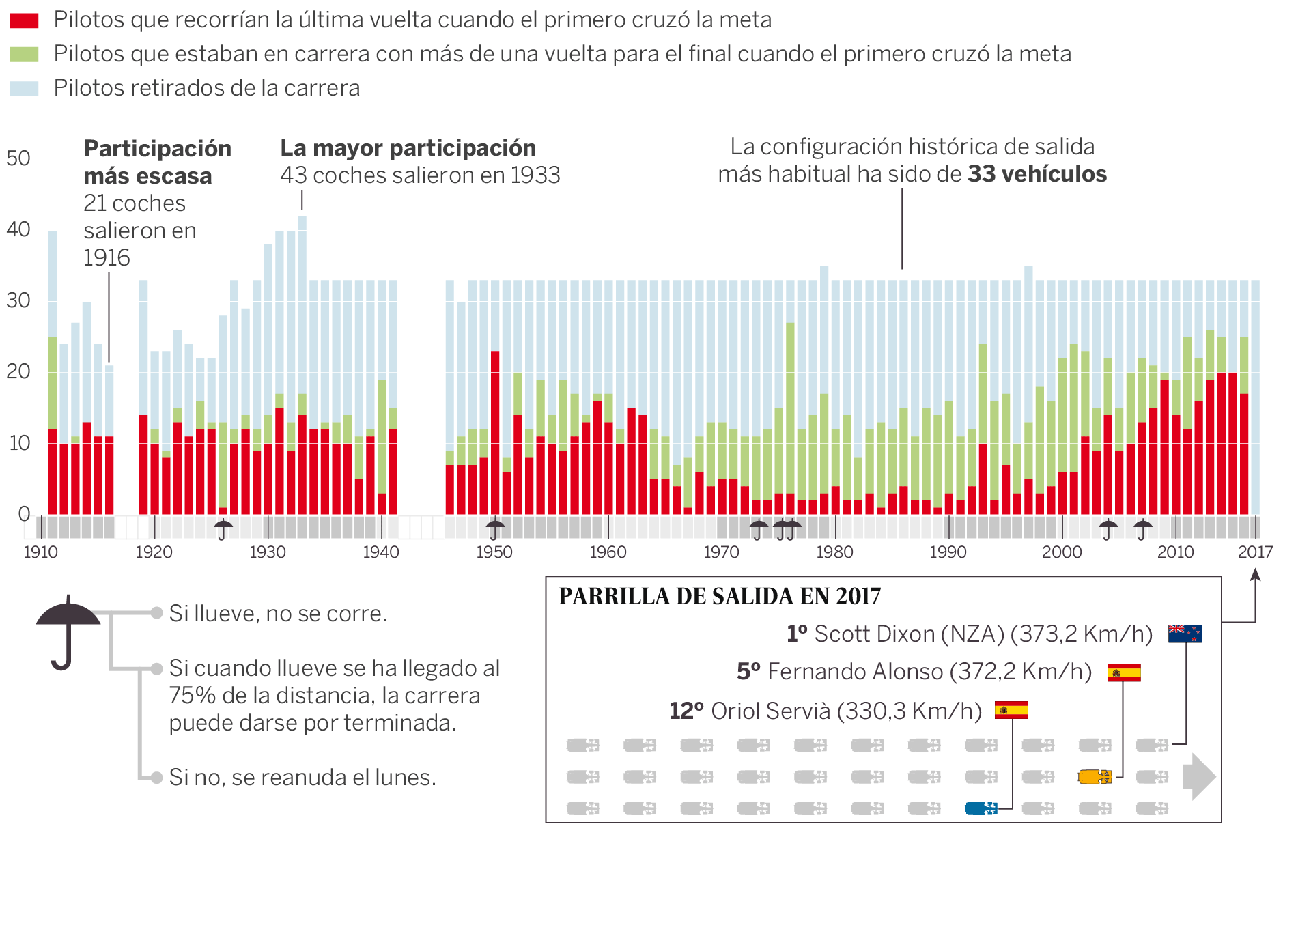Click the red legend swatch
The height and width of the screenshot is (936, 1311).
24,20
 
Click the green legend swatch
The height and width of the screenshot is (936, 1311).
24,55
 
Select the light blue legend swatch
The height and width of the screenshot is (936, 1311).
24,89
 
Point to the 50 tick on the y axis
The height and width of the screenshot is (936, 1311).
18,158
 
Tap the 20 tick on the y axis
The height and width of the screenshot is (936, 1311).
18,371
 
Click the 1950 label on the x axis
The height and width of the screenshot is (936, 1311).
494,552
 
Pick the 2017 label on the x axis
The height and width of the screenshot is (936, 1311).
1255,552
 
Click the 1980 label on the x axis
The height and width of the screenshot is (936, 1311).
834,552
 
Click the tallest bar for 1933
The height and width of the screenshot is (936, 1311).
302,365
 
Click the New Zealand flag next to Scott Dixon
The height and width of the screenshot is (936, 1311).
1185,634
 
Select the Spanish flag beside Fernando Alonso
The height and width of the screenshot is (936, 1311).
1123,672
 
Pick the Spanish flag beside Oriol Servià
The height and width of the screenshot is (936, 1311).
1011,711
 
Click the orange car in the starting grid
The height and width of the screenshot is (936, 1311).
1095,777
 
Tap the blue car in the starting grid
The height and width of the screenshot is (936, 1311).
981,809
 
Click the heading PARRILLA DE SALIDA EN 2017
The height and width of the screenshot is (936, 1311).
720,597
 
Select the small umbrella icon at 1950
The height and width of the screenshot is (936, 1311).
495,529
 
